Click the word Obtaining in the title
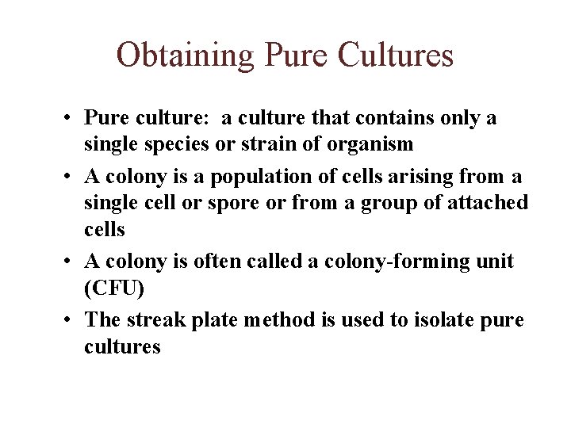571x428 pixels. [185, 55]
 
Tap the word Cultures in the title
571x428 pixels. [396, 55]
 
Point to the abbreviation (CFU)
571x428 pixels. [114, 289]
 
